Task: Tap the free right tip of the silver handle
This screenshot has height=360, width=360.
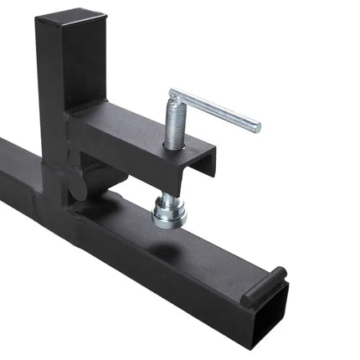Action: (255, 126)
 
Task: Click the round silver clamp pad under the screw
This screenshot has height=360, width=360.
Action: (170, 217)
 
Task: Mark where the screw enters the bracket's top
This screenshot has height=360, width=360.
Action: (173, 148)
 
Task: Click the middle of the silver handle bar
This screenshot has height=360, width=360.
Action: (214, 111)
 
